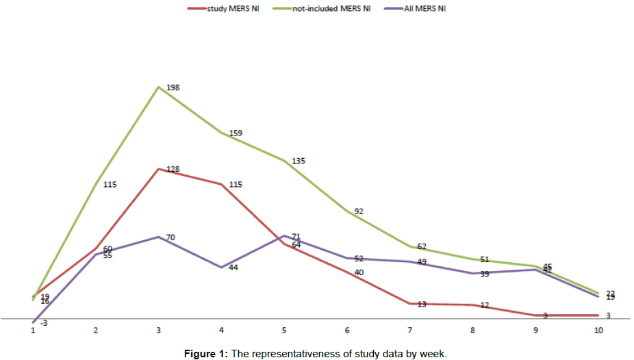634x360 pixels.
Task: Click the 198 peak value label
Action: (x=173, y=88)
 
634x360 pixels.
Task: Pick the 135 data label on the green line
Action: (x=299, y=161)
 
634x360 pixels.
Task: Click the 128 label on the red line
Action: (x=173, y=168)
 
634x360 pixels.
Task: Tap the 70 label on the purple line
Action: (x=171, y=237)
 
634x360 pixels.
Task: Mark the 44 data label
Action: (x=233, y=268)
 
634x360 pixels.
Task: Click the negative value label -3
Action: (x=43, y=322)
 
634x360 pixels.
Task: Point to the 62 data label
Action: (x=422, y=246)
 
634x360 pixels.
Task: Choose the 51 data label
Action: (x=485, y=259)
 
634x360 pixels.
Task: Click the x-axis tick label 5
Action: (x=284, y=331)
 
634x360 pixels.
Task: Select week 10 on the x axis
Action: (x=598, y=331)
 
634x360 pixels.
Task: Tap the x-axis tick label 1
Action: (x=33, y=331)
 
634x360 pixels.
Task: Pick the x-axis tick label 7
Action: (x=410, y=331)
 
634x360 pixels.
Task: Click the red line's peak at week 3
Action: (x=159, y=169)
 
